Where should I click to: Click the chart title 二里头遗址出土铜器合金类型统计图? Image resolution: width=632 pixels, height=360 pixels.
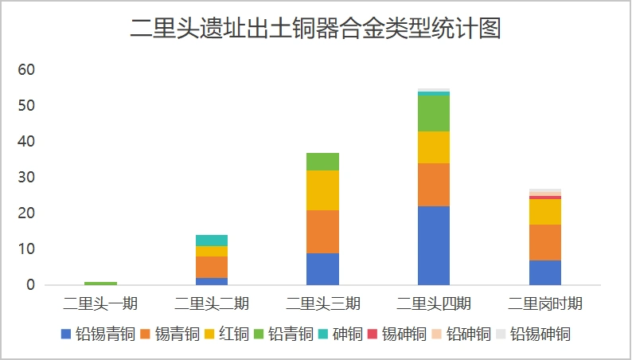click(x=315, y=29)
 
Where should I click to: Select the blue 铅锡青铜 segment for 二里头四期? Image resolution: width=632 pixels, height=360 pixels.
click(x=434, y=245)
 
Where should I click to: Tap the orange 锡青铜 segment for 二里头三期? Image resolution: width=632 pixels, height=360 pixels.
click(x=322, y=231)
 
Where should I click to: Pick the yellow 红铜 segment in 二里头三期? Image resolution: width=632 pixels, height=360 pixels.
click(x=322, y=190)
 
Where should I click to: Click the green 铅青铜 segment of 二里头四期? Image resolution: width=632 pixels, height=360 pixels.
click(x=434, y=113)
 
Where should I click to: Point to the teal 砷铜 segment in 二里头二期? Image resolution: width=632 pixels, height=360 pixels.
click(x=212, y=241)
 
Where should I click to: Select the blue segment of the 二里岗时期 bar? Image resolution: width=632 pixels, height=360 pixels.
click(x=545, y=272)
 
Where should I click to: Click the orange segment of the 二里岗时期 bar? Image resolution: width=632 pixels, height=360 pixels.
click(x=545, y=242)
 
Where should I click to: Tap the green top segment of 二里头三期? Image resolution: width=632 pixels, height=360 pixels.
click(x=322, y=162)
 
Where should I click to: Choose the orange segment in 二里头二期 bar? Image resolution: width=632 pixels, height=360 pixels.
click(x=212, y=267)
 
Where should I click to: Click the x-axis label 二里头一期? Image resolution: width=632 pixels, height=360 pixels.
click(x=100, y=303)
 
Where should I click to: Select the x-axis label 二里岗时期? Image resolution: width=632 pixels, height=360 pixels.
click(x=545, y=303)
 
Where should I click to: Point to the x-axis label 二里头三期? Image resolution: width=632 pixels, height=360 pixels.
click(x=322, y=303)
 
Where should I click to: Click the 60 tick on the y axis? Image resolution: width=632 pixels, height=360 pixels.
click(x=27, y=70)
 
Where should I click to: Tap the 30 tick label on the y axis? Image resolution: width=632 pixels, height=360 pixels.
click(x=27, y=178)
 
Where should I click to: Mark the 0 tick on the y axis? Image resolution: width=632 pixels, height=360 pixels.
click(x=31, y=285)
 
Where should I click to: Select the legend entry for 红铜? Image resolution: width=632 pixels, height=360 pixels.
click(x=228, y=335)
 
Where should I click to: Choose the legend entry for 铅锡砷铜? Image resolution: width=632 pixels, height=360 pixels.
click(x=533, y=335)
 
